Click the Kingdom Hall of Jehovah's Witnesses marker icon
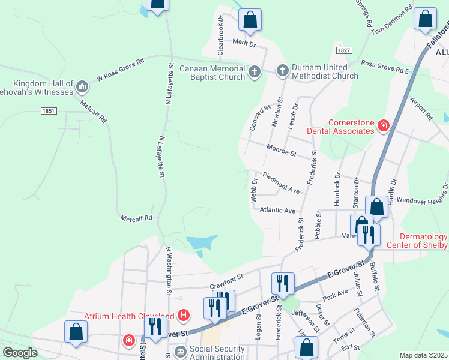click(82, 88)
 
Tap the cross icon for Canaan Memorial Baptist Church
click(254, 72)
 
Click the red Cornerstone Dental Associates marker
click(383, 125)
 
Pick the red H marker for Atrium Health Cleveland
click(184, 315)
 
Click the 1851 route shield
click(49, 111)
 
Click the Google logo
click(19, 353)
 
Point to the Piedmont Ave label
click(281, 182)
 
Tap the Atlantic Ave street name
click(277, 211)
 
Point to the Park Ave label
click(335, 293)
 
